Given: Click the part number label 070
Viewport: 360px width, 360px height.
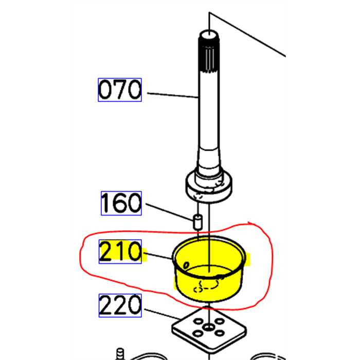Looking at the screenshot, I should coord(119,90).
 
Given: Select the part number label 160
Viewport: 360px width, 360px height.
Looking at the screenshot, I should coord(120,203).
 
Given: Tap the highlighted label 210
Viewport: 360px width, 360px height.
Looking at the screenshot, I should coord(120,252).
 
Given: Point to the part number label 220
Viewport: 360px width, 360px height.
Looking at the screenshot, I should coord(120,305).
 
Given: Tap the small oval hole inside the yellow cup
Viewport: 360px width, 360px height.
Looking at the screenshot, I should coord(186,265).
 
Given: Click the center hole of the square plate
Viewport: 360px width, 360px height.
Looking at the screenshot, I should coord(209,328).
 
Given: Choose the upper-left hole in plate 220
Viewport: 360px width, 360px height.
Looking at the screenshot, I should coord(198,322).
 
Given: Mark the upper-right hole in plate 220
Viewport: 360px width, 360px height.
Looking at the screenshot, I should coord(221,322).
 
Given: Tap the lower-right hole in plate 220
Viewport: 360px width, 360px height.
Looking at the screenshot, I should coord(222,334).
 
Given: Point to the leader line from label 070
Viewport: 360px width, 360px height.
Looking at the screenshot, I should coord(172,94).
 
